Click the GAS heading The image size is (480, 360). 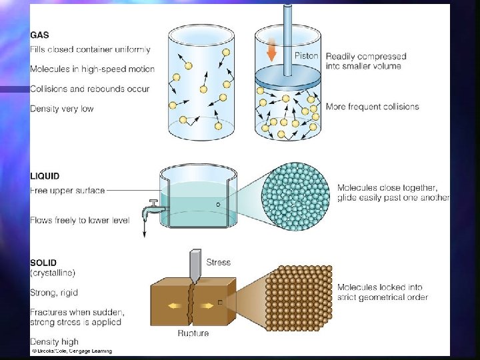point(39,35)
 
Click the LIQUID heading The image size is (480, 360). point(45,177)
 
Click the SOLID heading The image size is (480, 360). point(44,263)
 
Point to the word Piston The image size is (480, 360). point(306,56)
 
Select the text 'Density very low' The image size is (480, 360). point(62,109)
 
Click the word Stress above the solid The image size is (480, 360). point(219,263)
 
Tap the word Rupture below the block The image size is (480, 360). point(193,333)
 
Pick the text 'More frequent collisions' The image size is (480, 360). point(372,107)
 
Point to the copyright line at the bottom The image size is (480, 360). point(71,351)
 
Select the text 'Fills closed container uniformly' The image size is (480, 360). point(90,49)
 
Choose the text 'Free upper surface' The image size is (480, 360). point(67,191)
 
